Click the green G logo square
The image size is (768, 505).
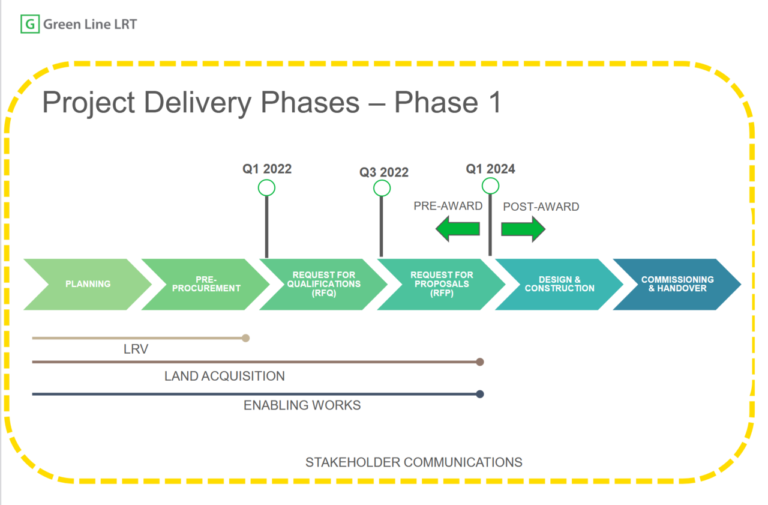[29, 25]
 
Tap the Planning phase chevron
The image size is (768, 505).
[88, 284]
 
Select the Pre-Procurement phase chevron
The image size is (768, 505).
[206, 284]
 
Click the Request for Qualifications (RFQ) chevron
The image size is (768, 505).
[324, 284]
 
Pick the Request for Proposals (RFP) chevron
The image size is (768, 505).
[442, 284]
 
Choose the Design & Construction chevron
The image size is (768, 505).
[559, 284]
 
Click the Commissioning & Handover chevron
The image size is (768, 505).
[677, 284]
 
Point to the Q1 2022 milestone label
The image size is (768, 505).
[267, 169]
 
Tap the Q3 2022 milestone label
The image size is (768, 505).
[384, 172]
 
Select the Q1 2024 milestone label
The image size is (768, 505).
[490, 169]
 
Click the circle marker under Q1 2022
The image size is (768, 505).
[266, 188]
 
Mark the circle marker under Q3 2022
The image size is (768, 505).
[382, 189]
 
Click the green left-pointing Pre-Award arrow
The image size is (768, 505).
[458, 229]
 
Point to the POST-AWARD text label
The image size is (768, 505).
[541, 207]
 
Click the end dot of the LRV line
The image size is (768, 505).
[245, 338]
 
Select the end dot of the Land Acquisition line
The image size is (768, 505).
[479, 362]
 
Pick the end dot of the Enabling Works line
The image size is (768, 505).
[479, 394]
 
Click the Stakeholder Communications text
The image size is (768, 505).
[413, 462]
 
